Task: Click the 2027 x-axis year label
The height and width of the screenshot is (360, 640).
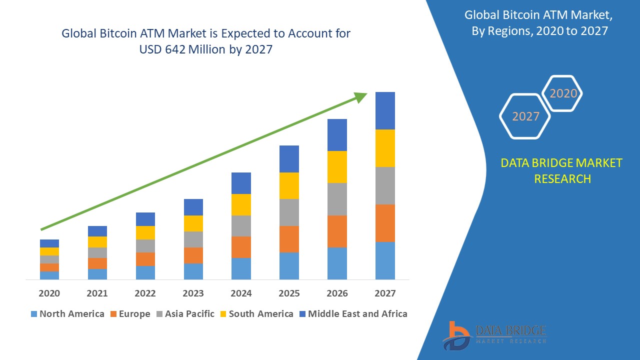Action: coord(385,293)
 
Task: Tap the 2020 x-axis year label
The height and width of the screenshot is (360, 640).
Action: coord(49,293)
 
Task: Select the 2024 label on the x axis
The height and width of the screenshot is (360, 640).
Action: coord(241,293)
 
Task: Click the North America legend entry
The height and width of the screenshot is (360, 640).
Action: coord(67,314)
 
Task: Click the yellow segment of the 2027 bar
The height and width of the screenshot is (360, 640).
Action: coord(385,148)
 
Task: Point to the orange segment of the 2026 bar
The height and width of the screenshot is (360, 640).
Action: coord(337,231)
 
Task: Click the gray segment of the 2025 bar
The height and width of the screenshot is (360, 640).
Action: coord(289,212)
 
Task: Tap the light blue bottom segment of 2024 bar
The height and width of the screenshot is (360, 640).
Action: coord(241,268)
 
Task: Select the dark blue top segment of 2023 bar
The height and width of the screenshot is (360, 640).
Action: coord(193,207)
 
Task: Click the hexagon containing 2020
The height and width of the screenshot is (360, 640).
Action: coord(563,93)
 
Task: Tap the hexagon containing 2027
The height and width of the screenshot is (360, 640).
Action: coord(525,116)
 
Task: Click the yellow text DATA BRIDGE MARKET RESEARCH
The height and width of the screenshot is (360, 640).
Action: coord(562,170)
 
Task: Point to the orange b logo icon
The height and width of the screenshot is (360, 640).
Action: coord(455,334)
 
